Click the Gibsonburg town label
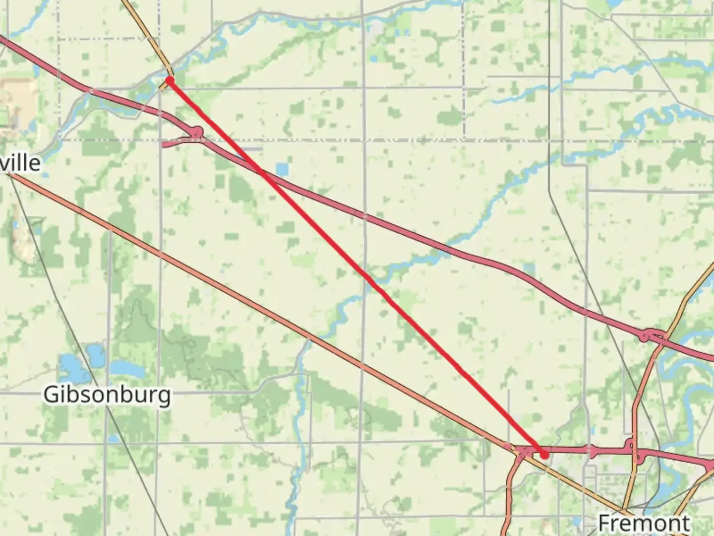point(107,395)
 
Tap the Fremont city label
point(644,523)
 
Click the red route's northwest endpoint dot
point(170,80)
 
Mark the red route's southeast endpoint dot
point(544,454)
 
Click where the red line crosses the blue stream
point(369,279)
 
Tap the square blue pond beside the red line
point(282,170)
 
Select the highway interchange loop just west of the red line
point(197,132)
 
